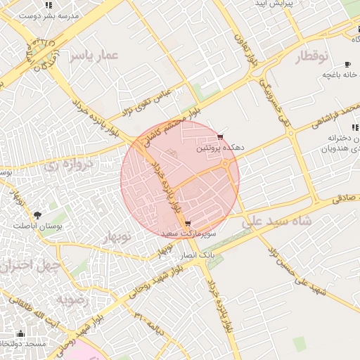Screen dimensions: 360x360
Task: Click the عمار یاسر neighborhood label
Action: pos(92,55)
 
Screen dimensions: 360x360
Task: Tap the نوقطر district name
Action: pos(308,56)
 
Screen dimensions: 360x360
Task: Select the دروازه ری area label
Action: pos(68,166)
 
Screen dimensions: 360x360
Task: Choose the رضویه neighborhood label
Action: pos(72,300)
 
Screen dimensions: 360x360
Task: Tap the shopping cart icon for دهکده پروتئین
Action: pos(221,136)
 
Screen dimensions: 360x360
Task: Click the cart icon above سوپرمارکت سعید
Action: pos(186,223)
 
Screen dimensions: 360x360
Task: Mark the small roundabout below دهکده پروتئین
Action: pos(225,165)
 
